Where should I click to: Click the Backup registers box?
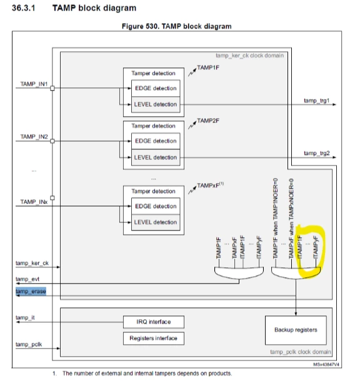296,330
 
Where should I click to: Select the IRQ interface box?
154,322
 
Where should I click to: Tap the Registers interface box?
154,338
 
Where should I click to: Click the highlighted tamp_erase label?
31,291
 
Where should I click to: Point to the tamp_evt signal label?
27,279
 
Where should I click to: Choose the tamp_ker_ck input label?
32,263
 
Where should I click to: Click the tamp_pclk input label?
29,344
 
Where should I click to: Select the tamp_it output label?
25,317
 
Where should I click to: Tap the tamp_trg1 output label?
316,101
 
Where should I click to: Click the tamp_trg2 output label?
316,153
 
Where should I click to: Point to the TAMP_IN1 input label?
34,84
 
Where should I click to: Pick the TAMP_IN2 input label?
34,137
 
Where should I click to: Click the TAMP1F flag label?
208,67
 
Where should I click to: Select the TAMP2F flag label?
208,121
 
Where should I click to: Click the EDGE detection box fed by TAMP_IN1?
156,88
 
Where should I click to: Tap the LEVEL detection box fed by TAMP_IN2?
156,157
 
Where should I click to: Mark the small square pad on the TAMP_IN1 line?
52,88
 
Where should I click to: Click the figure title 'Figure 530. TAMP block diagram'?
176,26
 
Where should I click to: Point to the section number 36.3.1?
24,8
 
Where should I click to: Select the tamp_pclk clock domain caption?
301,352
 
